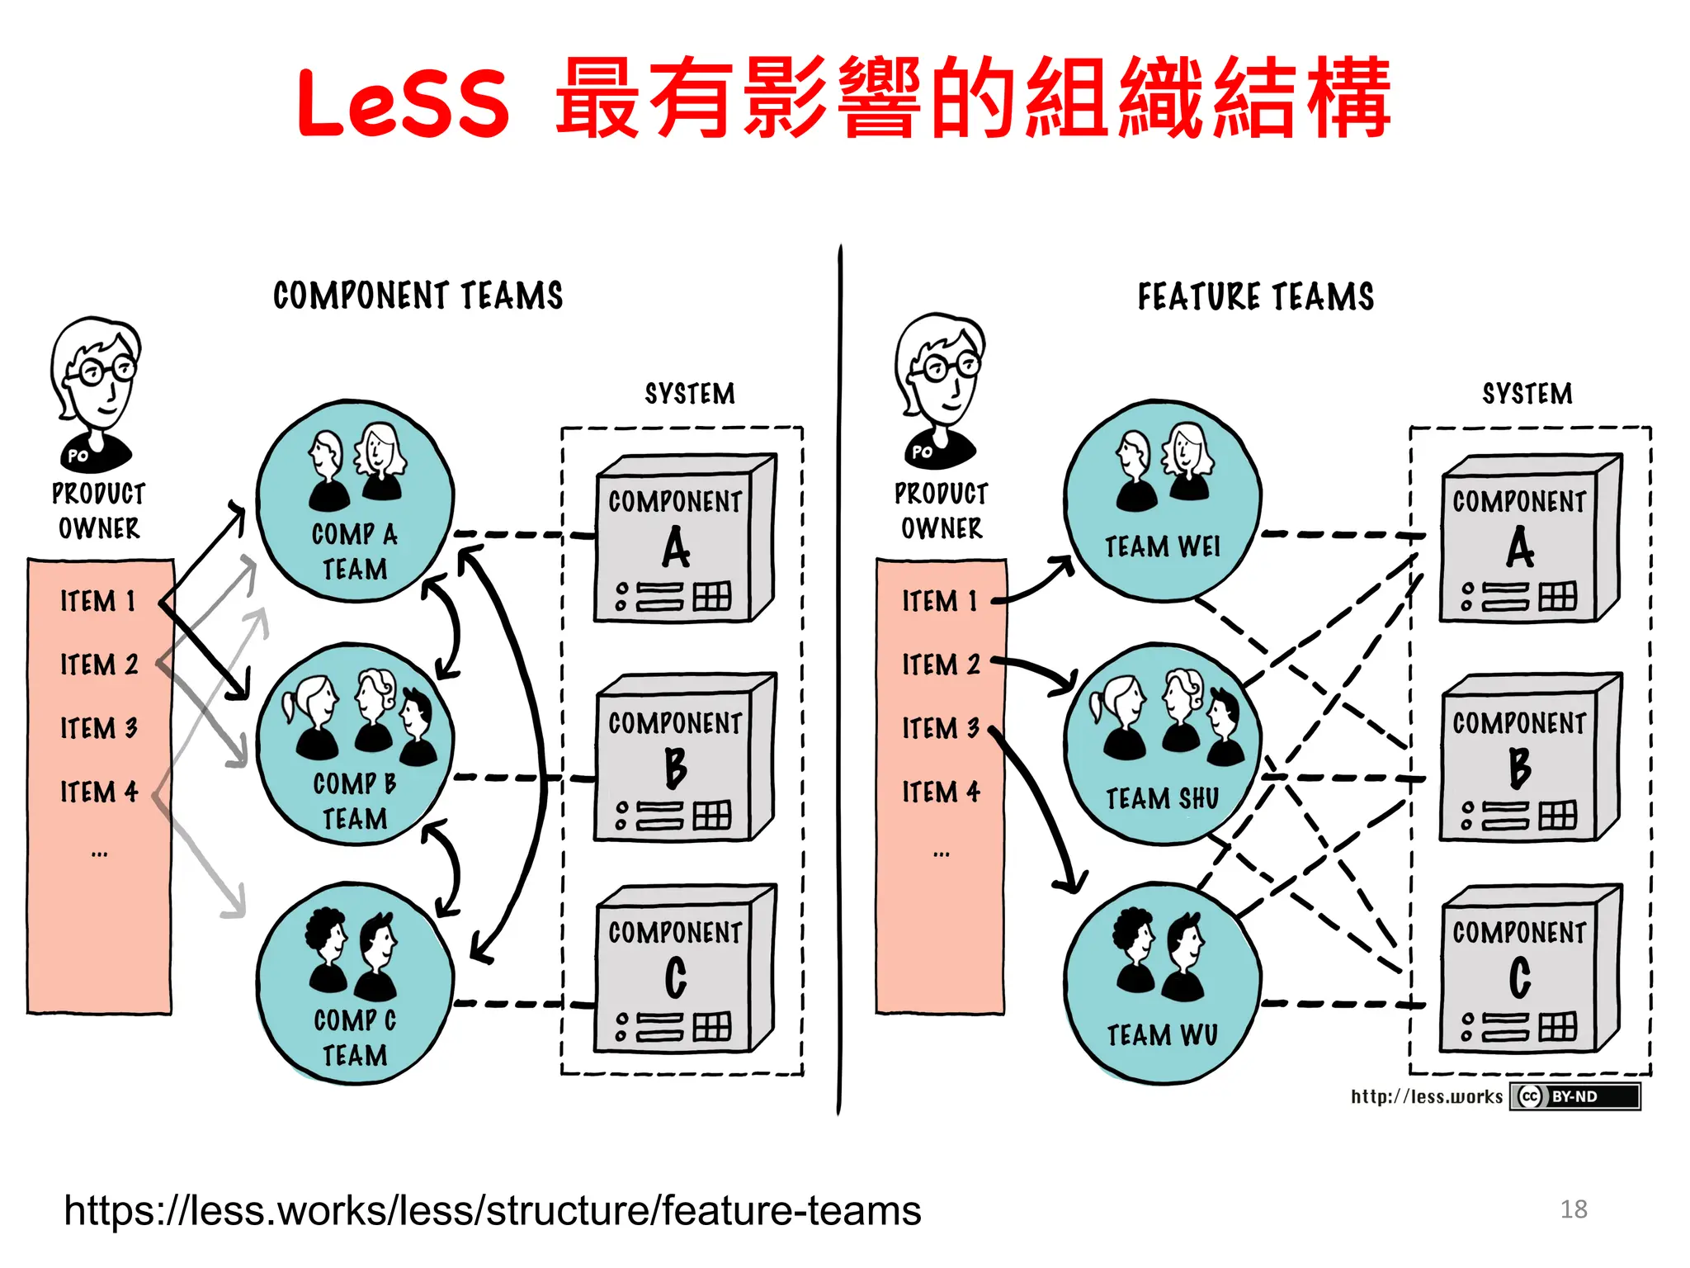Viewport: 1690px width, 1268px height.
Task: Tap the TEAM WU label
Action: [1162, 1035]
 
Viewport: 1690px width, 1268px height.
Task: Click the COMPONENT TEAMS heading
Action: [418, 296]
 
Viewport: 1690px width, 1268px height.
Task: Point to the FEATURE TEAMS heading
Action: [1255, 296]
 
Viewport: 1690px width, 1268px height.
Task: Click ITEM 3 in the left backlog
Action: [99, 728]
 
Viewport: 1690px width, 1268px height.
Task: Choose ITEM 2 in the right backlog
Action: [941, 665]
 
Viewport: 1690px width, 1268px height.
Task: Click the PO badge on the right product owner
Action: [922, 452]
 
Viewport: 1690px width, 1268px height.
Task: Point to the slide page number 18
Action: [1573, 1209]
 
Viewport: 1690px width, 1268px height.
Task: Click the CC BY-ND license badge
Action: [1574, 1096]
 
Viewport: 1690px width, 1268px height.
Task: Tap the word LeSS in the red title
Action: [403, 102]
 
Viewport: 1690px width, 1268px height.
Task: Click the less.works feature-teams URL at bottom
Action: [493, 1211]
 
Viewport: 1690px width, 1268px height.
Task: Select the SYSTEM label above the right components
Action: [1527, 394]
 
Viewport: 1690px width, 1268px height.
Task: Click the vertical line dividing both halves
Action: [840, 677]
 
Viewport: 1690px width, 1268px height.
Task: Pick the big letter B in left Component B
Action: [675, 768]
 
